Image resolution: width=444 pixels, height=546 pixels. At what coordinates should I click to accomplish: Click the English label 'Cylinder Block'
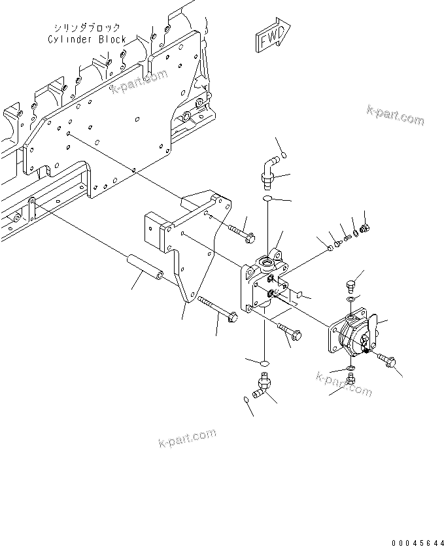click(87, 39)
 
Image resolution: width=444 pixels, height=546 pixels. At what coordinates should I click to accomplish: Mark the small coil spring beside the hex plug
click(349, 235)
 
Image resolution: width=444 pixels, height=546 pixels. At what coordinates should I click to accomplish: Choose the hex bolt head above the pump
click(349, 285)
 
